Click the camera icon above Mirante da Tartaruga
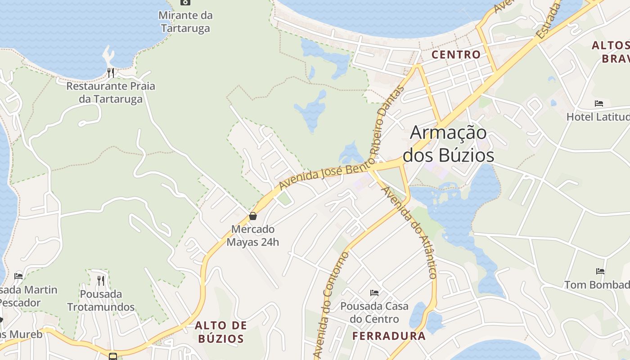point(185,2)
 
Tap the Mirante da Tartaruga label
point(185,22)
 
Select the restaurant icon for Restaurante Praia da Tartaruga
point(111,72)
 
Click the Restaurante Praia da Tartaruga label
point(111,92)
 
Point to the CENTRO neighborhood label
point(456,55)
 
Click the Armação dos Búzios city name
point(448,144)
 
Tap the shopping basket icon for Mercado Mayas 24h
point(253,216)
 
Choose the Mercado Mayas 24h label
point(252,235)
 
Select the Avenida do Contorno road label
point(332,306)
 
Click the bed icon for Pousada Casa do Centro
point(374,293)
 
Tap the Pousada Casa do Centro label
point(374,312)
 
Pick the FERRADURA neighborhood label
point(389,336)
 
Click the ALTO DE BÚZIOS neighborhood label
point(221,332)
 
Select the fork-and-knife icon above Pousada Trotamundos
point(101,280)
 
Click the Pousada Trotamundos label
point(101,301)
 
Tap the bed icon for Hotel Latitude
point(598,103)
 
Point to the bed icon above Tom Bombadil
point(600,271)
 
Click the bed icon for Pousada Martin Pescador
point(18,276)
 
